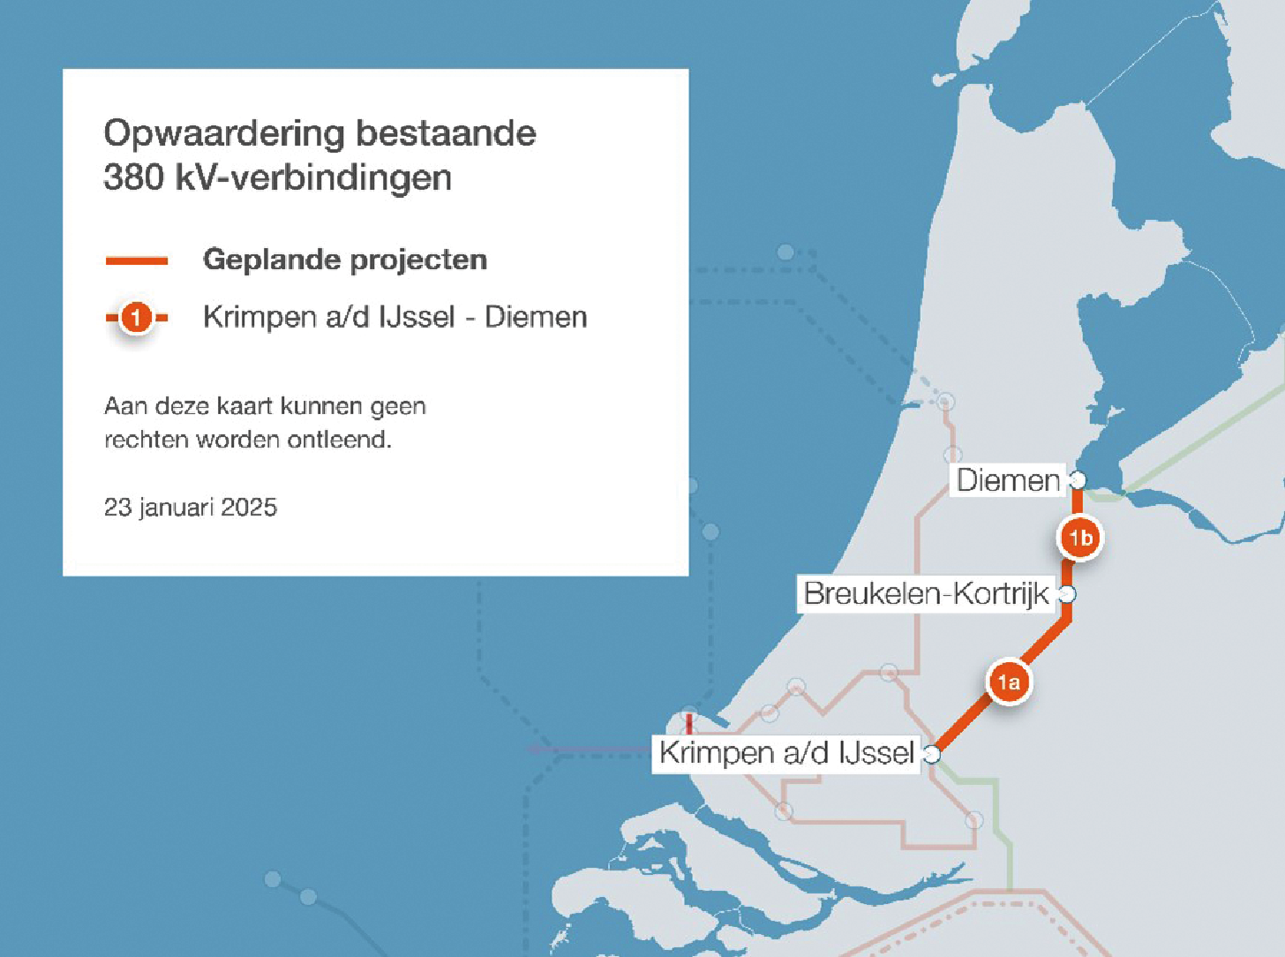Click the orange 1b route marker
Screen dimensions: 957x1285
click(x=1081, y=538)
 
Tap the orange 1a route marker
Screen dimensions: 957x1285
click(x=1008, y=682)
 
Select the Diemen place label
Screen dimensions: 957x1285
click(x=1008, y=480)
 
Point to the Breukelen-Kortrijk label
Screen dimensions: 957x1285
click(x=926, y=593)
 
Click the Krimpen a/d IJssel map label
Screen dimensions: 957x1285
click(x=785, y=753)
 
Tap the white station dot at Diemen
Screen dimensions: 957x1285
click(x=1077, y=479)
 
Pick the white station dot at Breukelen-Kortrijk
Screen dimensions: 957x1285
click(x=1067, y=593)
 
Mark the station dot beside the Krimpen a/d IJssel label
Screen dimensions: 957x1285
click(x=932, y=754)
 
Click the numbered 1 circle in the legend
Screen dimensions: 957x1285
click(x=136, y=317)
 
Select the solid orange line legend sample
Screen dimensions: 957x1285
click(x=137, y=260)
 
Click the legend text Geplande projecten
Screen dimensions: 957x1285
click(x=345, y=260)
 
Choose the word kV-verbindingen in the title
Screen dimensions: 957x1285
click(x=314, y=177)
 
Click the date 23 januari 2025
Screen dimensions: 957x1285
click(x=191, y=508)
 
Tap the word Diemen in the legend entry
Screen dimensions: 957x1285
click(x=536, y=317)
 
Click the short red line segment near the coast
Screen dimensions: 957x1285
click(x=689, y=724)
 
